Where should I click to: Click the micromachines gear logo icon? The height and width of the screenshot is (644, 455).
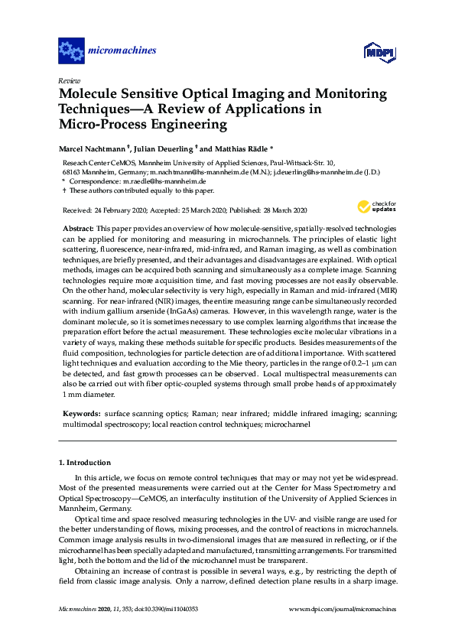point(71,51)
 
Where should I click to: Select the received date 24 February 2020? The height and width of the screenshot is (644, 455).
point(118,210)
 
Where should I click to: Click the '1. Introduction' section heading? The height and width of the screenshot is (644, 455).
point(85,463)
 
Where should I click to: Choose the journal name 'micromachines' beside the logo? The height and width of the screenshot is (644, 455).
point(123,51)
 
